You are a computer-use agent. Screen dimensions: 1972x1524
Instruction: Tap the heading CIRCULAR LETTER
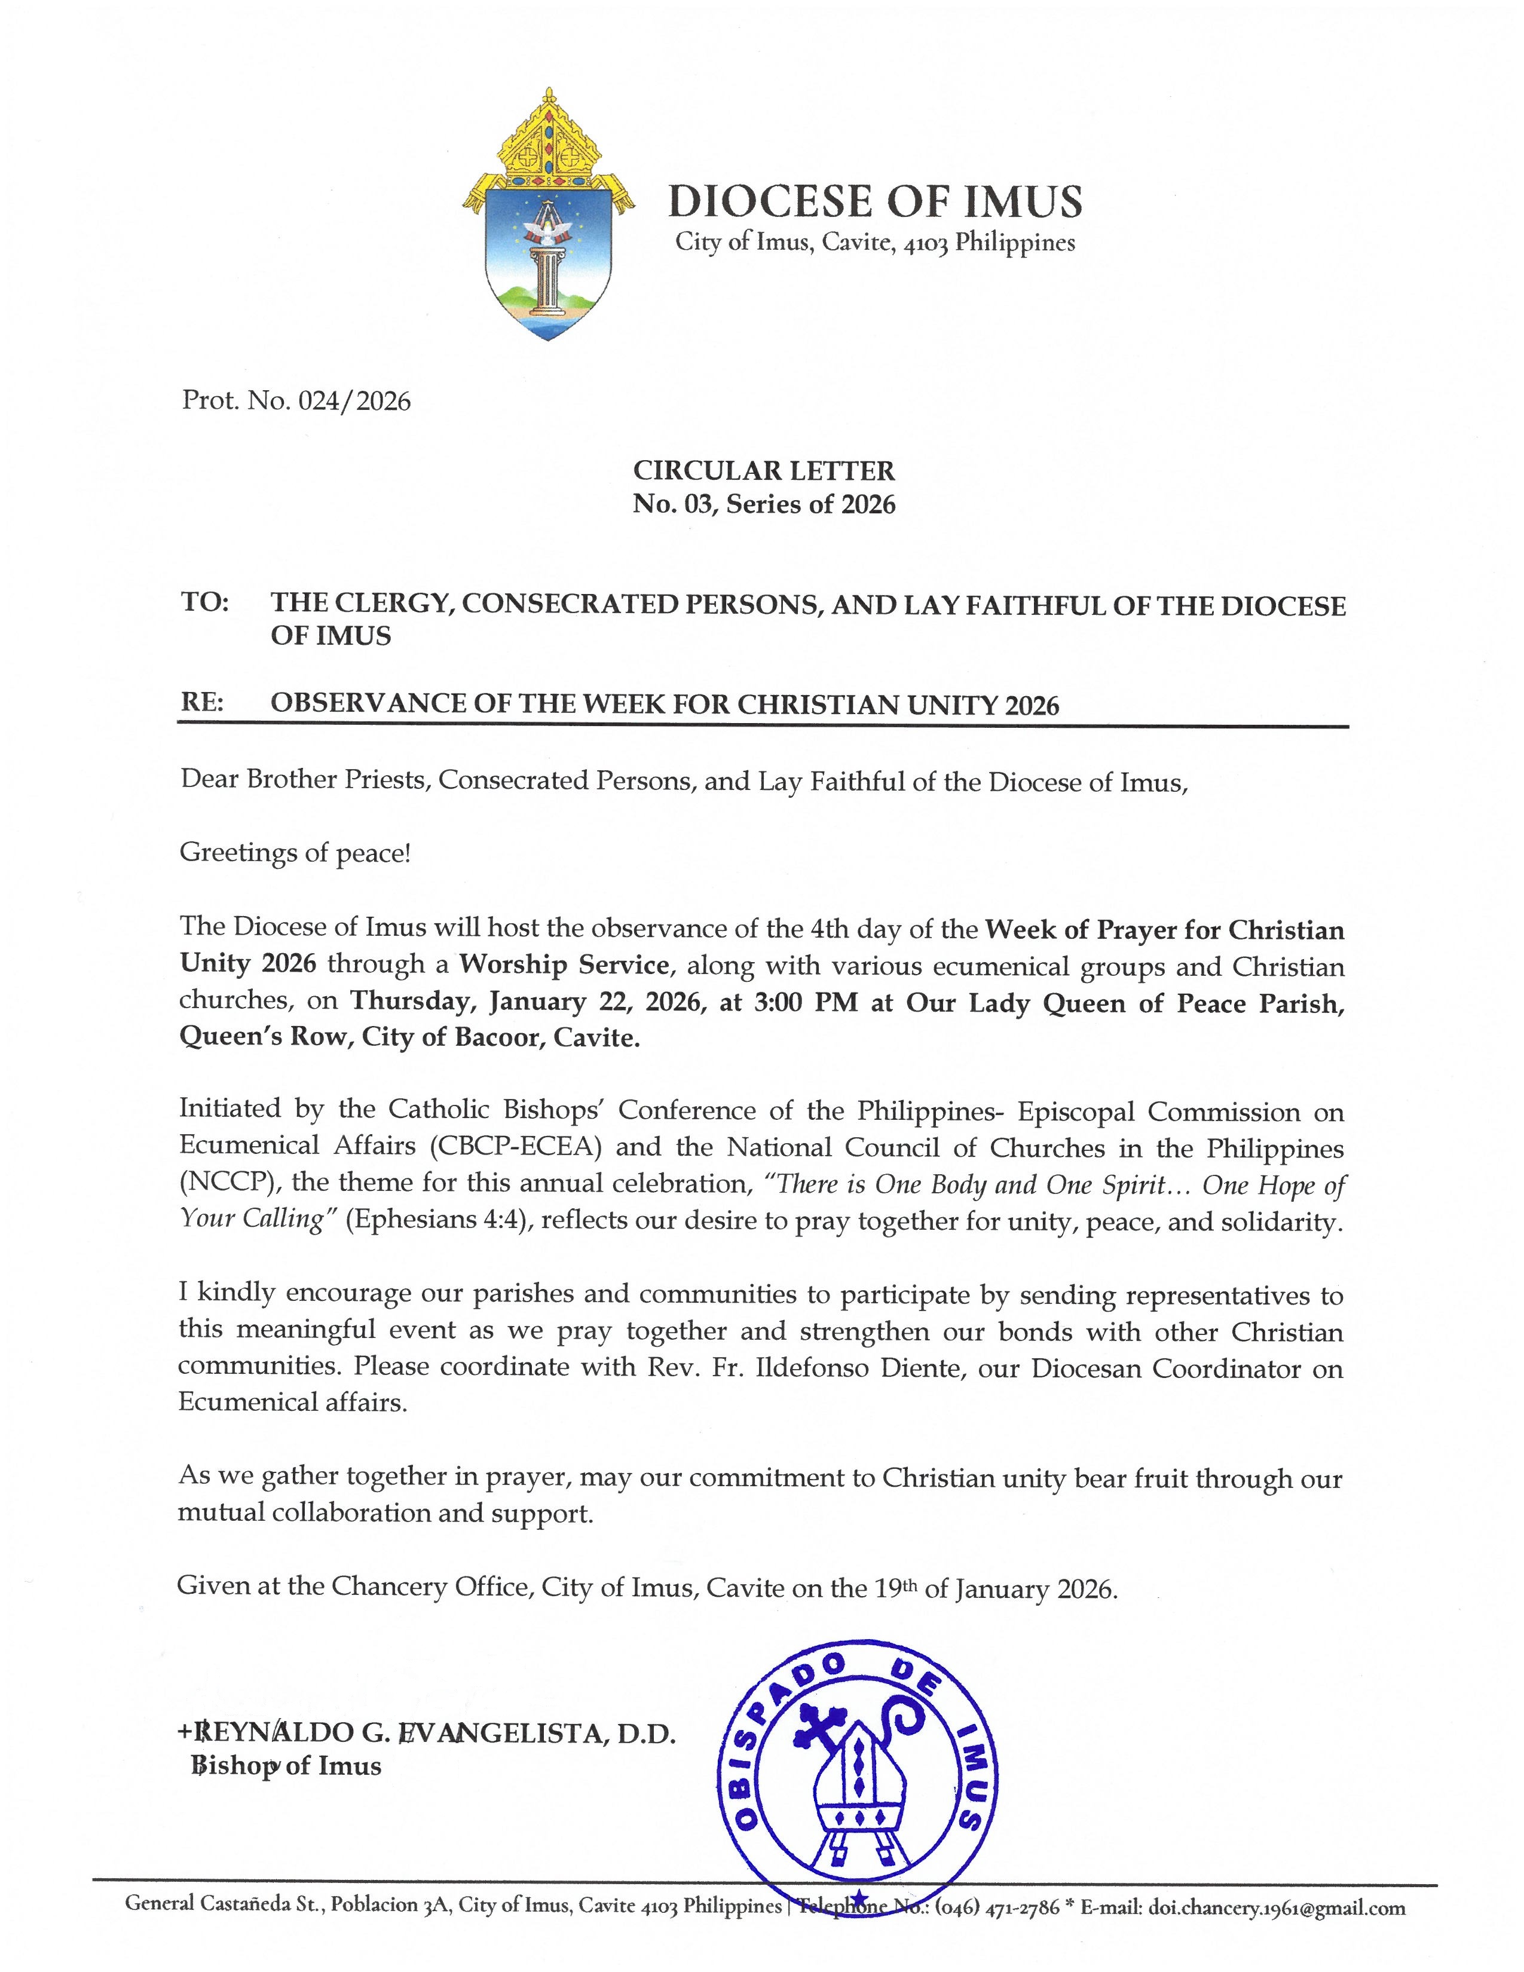(x=763, y=470)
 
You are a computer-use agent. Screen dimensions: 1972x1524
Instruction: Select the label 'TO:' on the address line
(x=205, y=603)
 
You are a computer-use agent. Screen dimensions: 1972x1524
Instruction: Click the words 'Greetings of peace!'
(x=295, y=852)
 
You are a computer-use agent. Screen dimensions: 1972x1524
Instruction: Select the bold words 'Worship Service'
(x=564, y=964)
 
